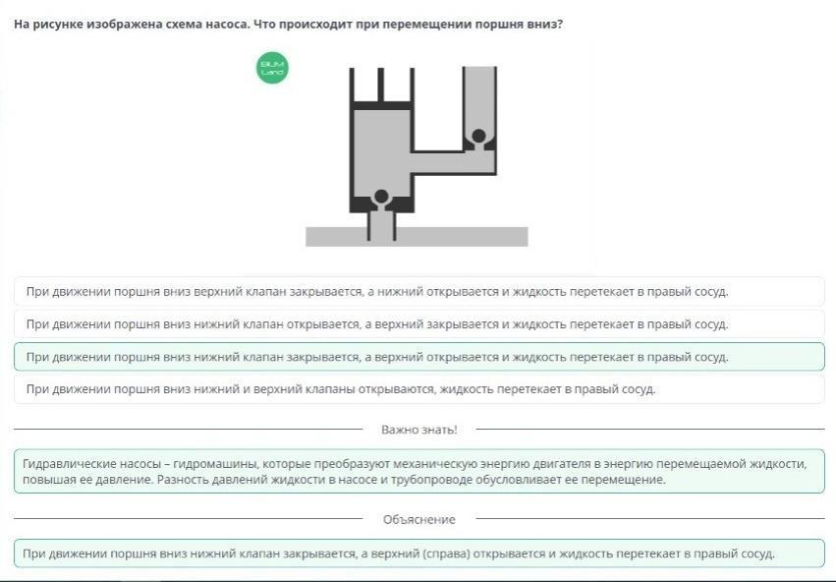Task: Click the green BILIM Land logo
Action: [272, 69]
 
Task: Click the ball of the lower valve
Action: [381, 197]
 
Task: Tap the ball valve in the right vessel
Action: [478, 136]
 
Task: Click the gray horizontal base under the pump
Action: [417, 236]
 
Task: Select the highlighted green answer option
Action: [418, 357]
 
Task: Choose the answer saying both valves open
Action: [418, 389]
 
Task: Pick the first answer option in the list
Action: [418, 292]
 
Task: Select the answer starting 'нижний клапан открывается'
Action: [418, 324]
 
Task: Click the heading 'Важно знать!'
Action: [418, 430]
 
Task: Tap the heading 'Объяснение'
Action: [418, 519]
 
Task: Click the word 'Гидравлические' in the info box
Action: [65, 463]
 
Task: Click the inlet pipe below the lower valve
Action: [381, 224]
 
